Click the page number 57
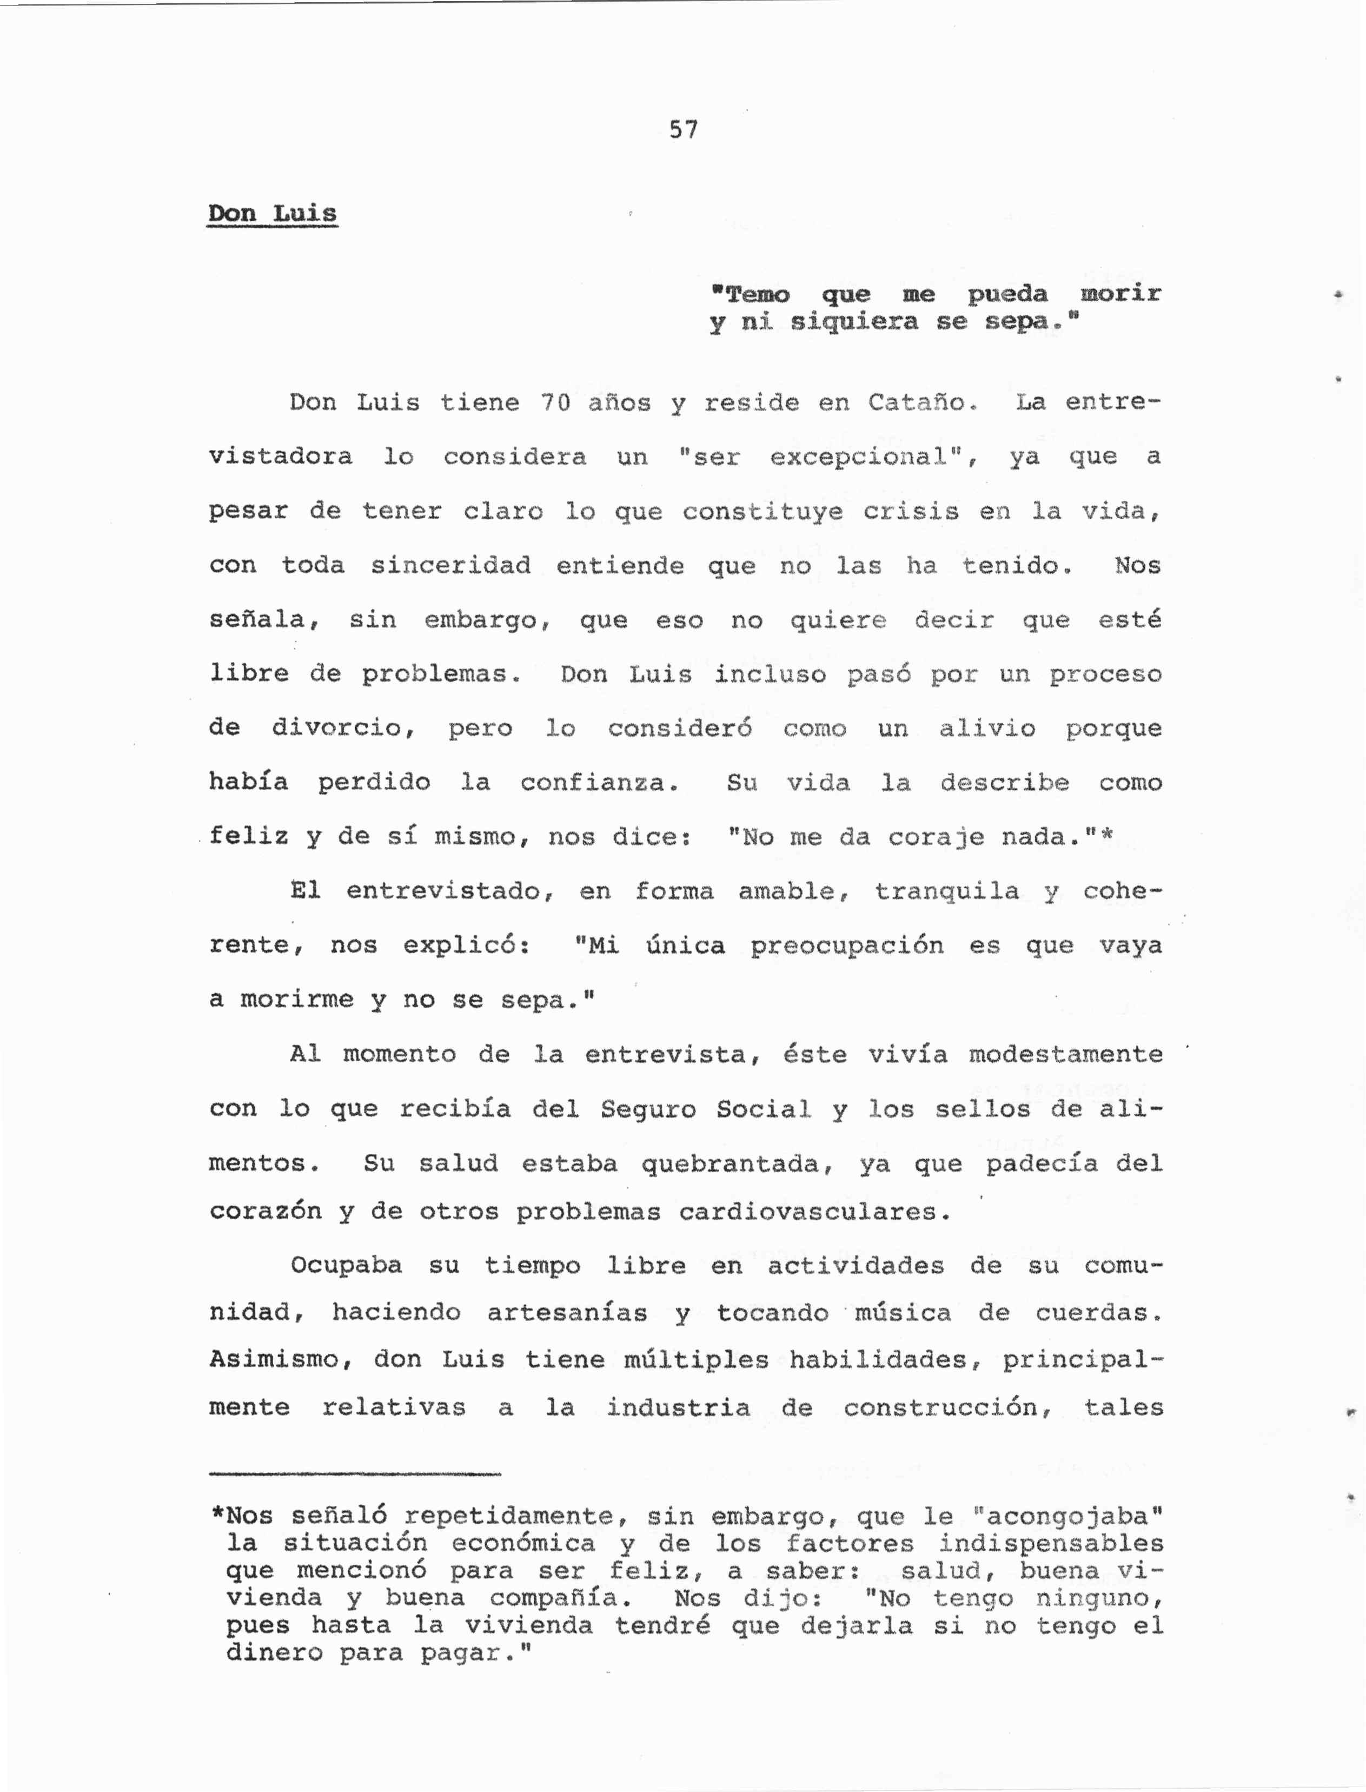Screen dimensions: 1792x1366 pos(683,129)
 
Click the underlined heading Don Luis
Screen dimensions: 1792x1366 pos(273,214)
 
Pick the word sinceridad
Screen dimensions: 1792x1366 pos(450,565)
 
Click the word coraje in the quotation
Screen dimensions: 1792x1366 pos(935,837)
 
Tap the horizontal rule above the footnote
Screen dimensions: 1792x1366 pos(355,1474)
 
